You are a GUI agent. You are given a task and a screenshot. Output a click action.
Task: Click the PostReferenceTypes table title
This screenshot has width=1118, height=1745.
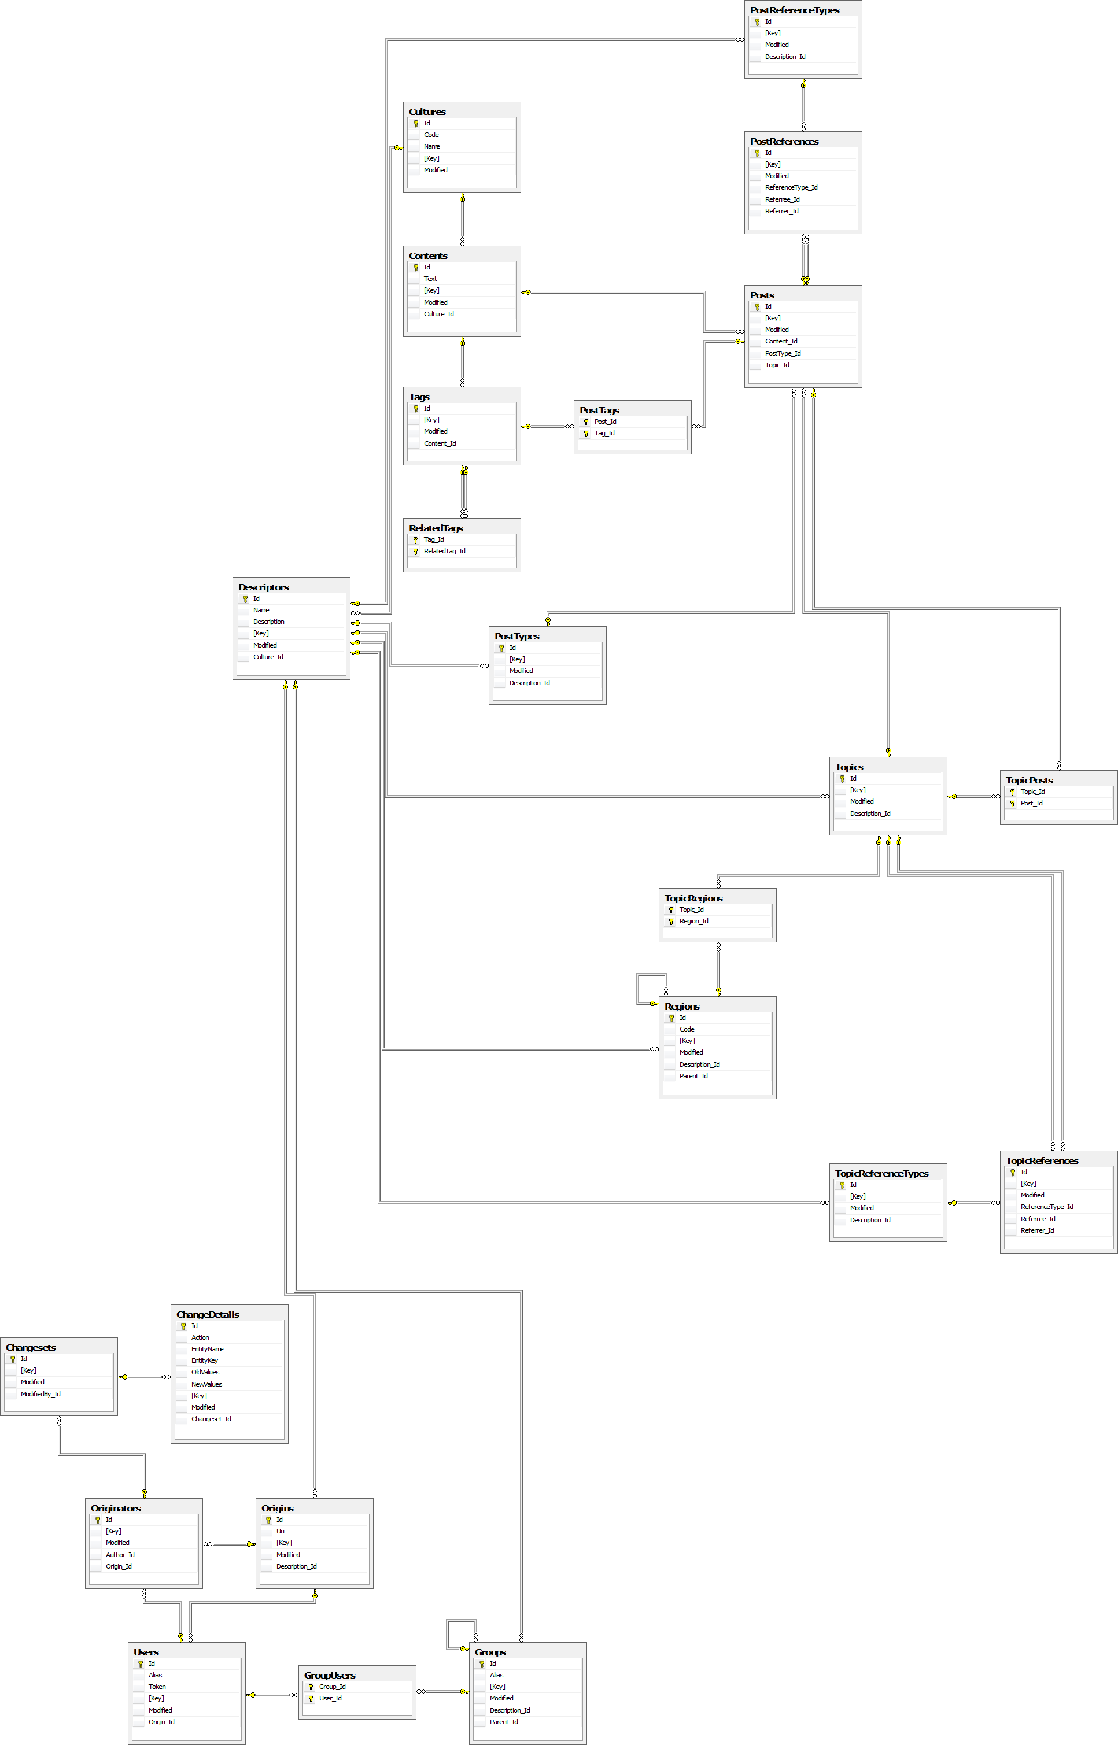point(794,10)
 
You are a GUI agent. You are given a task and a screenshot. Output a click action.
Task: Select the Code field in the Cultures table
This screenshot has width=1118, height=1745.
point(431,135)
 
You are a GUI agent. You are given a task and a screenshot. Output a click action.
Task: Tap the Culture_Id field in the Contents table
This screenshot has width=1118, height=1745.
point(438,314)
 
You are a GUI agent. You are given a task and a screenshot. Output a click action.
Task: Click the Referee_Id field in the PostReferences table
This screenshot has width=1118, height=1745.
point(782,199)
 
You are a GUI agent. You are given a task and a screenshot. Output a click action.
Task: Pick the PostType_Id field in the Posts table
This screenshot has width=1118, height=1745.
point(783,353)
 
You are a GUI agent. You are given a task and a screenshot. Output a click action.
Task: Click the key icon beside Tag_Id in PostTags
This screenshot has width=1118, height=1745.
point(586,434)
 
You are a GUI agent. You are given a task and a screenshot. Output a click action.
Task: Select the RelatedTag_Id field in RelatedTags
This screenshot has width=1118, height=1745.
point(444,552)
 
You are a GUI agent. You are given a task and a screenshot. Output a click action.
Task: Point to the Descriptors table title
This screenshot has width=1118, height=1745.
point(264,587)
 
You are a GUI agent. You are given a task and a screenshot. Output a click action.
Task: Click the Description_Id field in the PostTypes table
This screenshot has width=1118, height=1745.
point(529,683)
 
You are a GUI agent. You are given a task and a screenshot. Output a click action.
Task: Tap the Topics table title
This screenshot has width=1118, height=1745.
point(848,767)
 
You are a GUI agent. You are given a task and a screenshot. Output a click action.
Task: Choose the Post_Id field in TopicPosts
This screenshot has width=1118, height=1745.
point(1031,803)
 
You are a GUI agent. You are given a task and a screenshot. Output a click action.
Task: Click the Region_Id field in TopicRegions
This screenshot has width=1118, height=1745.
point(693,922)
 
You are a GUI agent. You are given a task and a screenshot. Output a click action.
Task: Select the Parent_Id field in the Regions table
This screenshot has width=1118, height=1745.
point(693,1076)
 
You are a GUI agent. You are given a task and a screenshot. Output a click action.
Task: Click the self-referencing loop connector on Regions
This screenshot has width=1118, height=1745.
point(639,988)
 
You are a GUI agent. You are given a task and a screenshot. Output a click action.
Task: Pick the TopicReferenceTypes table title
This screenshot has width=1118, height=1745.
point(881,1173)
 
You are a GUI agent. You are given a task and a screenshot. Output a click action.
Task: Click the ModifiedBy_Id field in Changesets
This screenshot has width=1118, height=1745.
point(40,1394)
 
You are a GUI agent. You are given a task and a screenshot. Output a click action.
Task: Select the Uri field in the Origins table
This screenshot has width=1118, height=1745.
point(281,1531)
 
